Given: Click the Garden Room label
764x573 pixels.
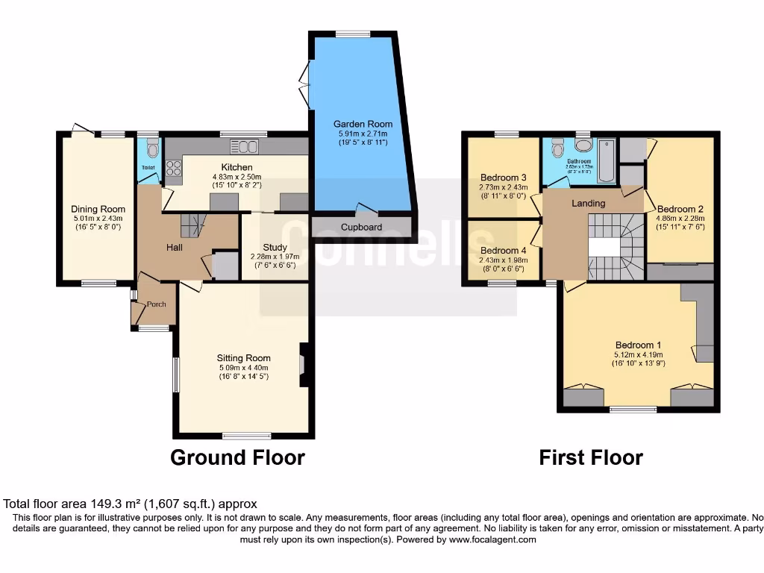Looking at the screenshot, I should coord(363,124).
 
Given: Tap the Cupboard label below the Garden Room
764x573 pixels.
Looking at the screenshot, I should coord(361,228).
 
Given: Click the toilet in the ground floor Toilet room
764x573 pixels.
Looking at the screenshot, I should coord(153,149).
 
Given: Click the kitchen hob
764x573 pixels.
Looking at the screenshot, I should coord(175,171).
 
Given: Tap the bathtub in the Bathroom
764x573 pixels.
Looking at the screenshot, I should coord(606,160).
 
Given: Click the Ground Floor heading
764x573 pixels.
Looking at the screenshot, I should coord(237,457).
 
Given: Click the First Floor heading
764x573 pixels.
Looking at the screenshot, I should coord(591,457).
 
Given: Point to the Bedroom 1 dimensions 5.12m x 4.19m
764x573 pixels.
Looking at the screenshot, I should coord(639,354).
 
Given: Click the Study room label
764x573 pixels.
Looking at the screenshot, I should coord(275,248).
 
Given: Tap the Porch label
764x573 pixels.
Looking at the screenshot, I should coord(156,304).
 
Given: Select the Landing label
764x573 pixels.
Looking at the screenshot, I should coord(588,203).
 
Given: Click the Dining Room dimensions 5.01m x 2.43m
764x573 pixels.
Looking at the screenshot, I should coord(98,218).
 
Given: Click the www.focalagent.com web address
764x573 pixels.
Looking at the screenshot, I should coord(492,539).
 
